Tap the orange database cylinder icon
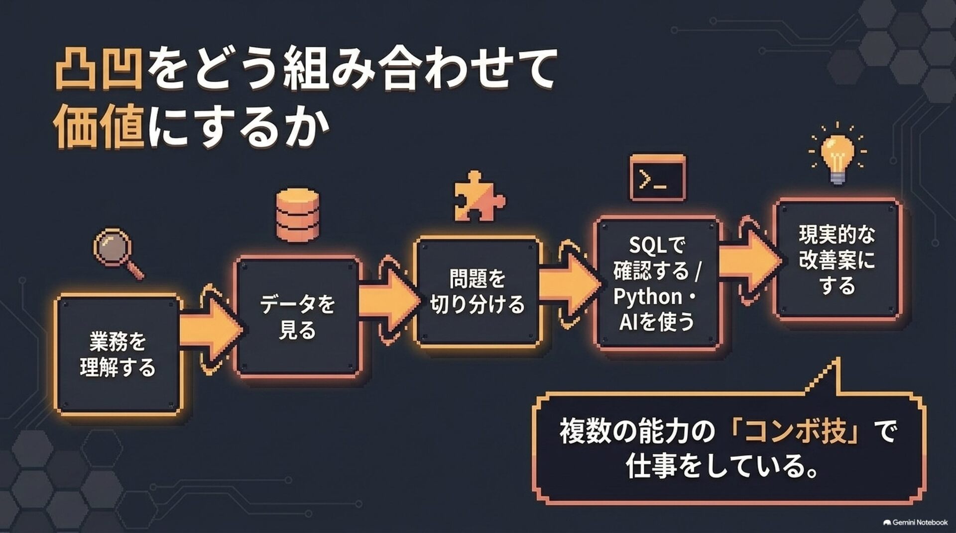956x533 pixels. pos(298,215)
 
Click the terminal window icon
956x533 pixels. pos(657,178)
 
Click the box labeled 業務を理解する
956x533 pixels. pos(118,354)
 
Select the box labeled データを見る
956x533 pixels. pos(298,316)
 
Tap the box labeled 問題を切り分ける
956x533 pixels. pos(478,292)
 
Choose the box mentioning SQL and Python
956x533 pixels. pos(658,283)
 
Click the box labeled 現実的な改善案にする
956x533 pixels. pos(837,259)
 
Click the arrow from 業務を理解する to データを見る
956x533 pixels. pos(210,329)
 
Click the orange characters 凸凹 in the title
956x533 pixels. pos(99,70)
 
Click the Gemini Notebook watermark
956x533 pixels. pos(915,522)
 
